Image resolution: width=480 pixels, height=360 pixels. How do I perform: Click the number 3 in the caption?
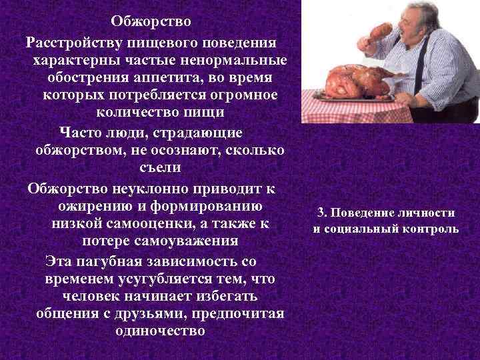click(x=321, y=213)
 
